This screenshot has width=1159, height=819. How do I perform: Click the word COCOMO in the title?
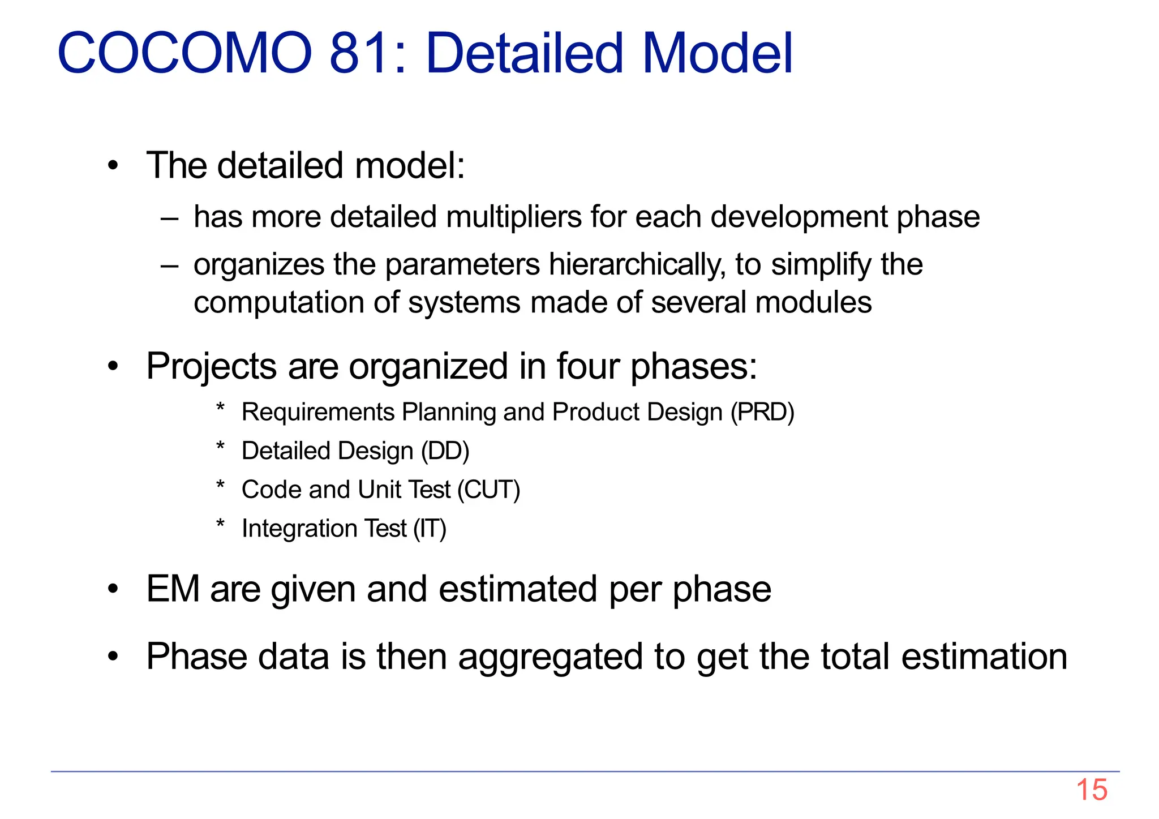click(184, 53)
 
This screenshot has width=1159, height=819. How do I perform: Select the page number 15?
click(1091, 790)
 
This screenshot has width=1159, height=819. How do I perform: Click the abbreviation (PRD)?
click(762, 412)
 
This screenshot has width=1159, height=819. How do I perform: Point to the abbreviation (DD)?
click(445, 451)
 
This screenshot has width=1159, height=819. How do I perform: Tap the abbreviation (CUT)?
click(488, 490)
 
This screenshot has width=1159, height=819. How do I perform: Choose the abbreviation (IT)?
click(430, 529)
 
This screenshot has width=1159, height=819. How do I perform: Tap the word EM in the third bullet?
click(173, 589)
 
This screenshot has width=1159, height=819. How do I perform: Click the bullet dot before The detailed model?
click(114, 166)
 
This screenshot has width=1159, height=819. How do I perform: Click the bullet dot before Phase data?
click(114, 657)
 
